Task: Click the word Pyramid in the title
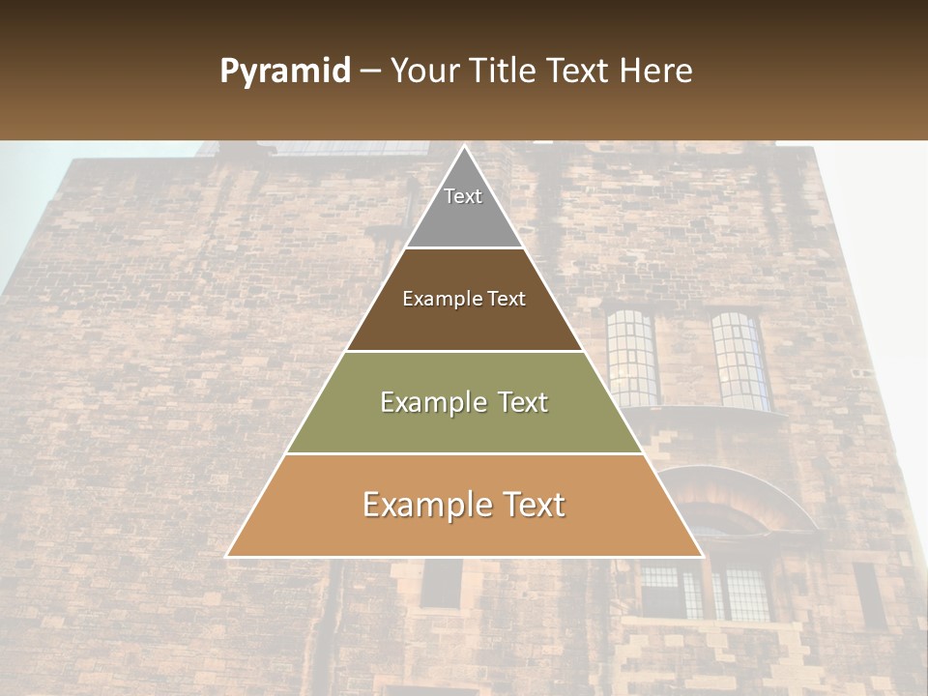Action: pyautogui.click(x=284, y=72)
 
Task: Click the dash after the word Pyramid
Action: pyautogui.click(x=369, y=72)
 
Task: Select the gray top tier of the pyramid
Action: pyautogui.click(x=464, y=208)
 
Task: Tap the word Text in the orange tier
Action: pyautogui.click(x=528, y=506)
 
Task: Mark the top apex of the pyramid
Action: pyautogui.click(x=464, y=147)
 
